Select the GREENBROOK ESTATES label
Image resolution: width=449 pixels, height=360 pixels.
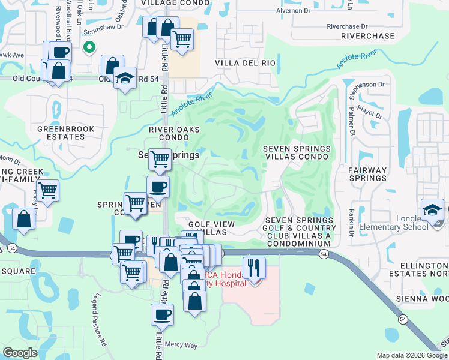tap(61, 133)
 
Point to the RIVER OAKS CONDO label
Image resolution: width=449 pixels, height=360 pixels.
tap(173, 133)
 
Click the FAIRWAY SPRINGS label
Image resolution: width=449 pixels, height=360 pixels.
tap(367, 174)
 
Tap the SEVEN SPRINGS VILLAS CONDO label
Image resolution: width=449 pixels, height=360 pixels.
tap(296, 152)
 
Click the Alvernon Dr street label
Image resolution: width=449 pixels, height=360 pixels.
tap(293, 11)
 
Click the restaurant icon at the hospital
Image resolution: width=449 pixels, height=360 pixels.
tap(255, 267)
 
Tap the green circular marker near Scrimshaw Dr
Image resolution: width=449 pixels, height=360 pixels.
tap(89, 46)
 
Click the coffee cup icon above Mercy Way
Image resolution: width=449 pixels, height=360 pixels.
tap(162, 314)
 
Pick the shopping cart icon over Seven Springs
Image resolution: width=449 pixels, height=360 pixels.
tap(160, 159)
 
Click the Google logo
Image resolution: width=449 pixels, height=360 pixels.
tap(20, 352)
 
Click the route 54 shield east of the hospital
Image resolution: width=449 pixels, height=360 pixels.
tap(324, 254)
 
